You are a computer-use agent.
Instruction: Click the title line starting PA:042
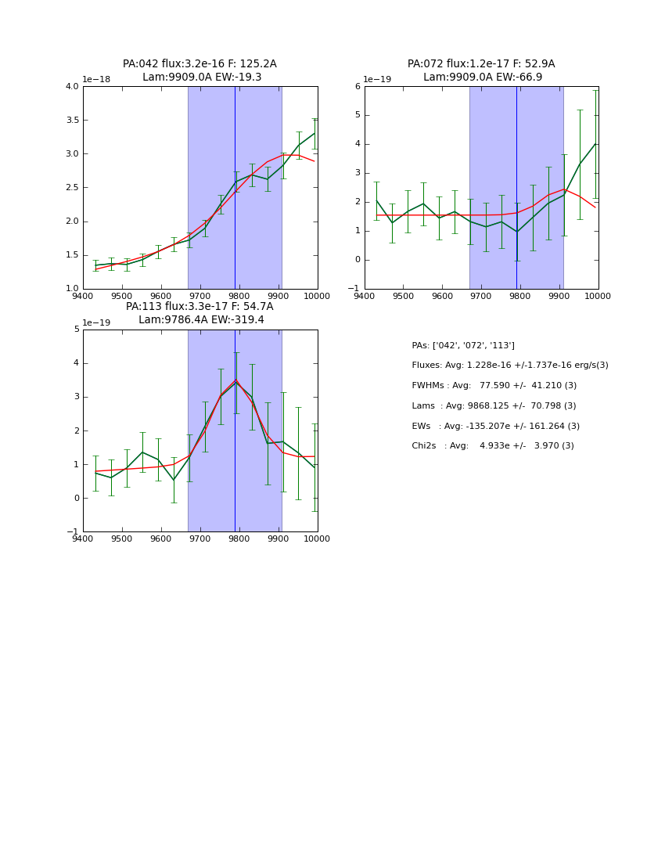(x=199, y=64)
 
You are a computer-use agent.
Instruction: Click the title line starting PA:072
(x=481, y=64)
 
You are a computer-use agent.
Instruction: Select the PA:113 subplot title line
(x=199, y=307)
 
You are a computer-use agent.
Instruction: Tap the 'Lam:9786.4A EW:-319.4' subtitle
(x=201, y=319)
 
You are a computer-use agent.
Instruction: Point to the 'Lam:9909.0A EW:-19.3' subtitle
(x=202, y=77)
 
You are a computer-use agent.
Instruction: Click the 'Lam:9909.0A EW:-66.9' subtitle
(x=483, y=77)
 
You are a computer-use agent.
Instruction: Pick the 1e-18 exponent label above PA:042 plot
(x=96, y=80)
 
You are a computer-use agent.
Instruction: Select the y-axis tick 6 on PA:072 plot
(x=357, y=87)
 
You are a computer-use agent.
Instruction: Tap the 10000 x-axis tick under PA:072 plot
(x=598, y=296)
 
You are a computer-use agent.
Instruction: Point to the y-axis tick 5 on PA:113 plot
(x=76, y=330)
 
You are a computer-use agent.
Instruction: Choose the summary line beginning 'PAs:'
(x=463, y=345)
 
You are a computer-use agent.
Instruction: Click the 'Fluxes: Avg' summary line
(x=510, y=366)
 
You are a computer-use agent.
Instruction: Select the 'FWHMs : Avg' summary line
(x=494, y=386)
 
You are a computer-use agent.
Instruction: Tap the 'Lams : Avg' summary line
(x=494, y=406)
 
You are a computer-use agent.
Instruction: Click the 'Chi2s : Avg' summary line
(x=493, y=446)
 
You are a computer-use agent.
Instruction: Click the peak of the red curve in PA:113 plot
(x=235, y=380)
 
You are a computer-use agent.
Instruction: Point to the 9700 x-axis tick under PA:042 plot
(x=200, y=296)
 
